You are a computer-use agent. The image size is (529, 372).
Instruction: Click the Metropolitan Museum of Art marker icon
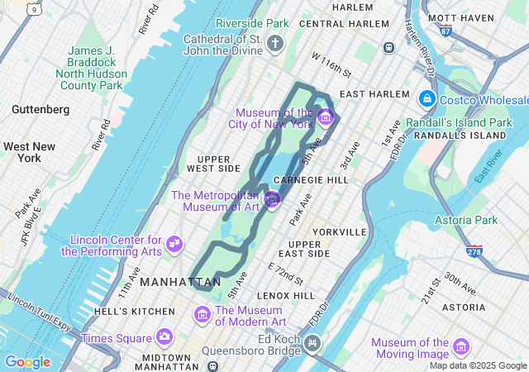[273, 199]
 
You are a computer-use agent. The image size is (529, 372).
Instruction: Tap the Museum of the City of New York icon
[325, 116]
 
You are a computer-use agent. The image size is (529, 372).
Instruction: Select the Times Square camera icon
[164, 336]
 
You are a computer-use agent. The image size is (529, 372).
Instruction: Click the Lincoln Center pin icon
[174, 243]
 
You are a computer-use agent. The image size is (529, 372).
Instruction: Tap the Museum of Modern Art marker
[202, 314]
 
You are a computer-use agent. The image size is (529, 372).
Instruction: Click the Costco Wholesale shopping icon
[427, 99]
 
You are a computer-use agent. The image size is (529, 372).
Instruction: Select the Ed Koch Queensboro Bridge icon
[312, 341]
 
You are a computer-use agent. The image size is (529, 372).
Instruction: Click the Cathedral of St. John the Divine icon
[275, 46]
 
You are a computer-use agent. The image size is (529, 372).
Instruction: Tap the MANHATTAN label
[179, 282]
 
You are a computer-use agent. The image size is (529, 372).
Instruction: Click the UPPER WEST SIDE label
[213, 163]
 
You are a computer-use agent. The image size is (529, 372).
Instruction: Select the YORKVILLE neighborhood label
[339, 231]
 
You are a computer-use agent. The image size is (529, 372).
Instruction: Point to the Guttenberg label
[41, 109]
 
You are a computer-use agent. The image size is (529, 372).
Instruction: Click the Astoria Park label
[466, 220]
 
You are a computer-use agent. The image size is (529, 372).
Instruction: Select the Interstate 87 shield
[446, 31]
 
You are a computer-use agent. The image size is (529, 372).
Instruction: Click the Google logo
[27, 362]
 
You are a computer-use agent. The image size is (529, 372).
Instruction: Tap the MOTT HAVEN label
[460, 17]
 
